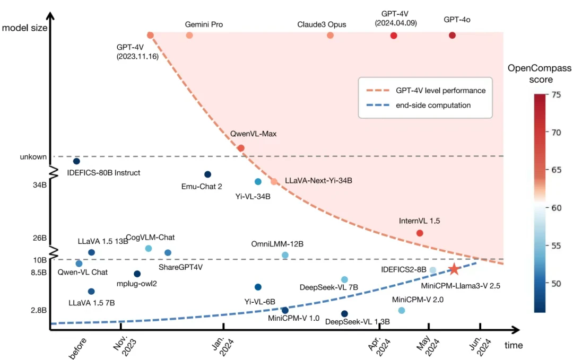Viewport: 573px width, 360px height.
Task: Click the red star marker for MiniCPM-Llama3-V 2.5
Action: [454, 269]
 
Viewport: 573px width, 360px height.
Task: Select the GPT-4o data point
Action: [452, 36]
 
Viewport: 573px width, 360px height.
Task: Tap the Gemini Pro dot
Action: [189, 36]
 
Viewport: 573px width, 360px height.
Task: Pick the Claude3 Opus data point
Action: [330, 36]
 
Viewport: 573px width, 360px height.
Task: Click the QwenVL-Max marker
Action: [241, 148]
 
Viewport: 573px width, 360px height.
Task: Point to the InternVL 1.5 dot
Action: [420, 233]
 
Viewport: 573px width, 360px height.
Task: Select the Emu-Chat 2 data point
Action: [207, 174]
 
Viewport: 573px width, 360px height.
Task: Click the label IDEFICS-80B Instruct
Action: [104, 172]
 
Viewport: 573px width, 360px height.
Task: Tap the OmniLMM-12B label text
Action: [277, 244]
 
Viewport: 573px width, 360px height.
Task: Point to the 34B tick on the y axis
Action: [39, 185]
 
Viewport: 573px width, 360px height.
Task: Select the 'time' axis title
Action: [513, 346]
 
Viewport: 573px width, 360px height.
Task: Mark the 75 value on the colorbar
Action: [557, 94]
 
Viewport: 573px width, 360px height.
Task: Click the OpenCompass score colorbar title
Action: [539, 74]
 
